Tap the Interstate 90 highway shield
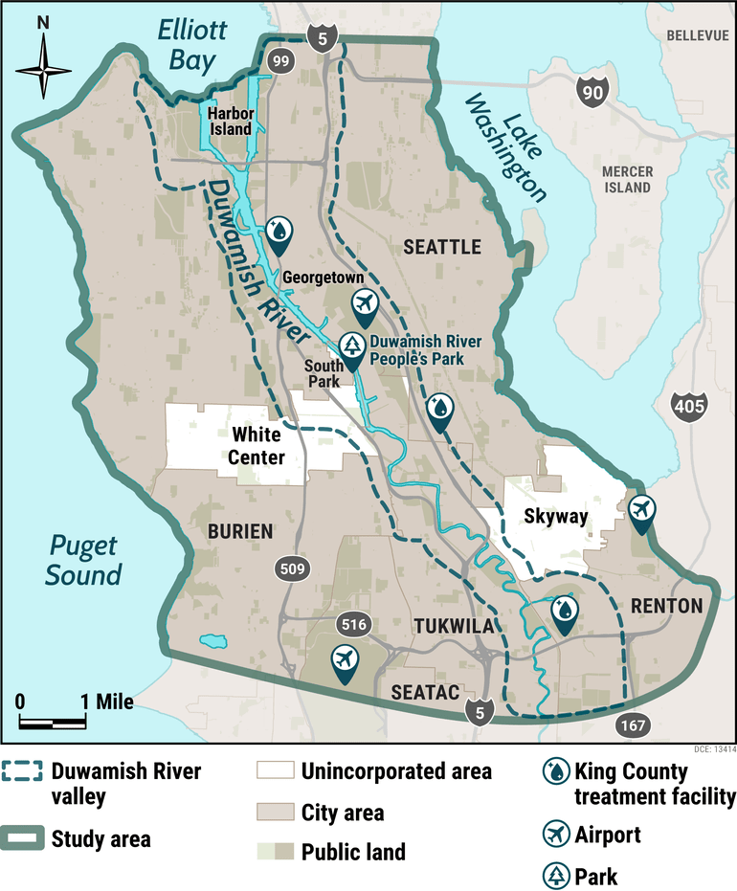pos(591,92)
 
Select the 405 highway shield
pos(689,406)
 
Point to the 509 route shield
pos(293,568)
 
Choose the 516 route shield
pos(353,625)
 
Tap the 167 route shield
pos(631,724)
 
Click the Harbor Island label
pos(231,120)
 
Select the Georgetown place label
pos(323,278)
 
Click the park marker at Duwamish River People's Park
pos(353,348)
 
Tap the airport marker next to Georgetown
pos(364,303)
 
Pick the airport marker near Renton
pos(641,509)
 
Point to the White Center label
pos(257,446)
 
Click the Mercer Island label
pos(627,179)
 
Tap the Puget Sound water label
pos(84,561)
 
